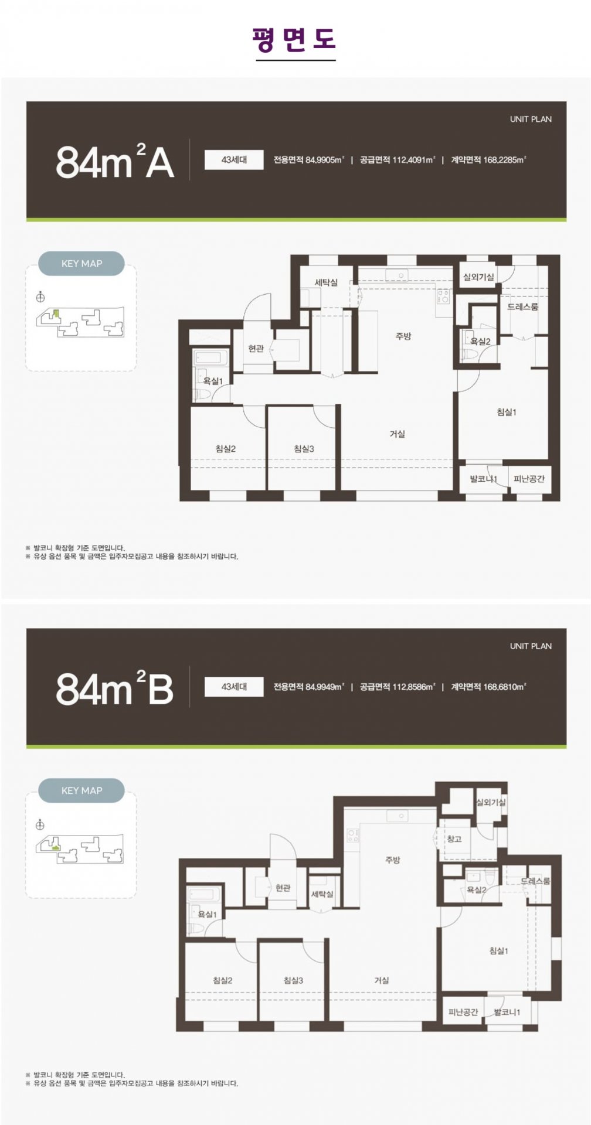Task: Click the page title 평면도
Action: (295, 39)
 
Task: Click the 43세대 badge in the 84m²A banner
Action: (234, 159)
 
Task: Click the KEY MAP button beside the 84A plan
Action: (81, 264)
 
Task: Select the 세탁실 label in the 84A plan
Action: (326, 282)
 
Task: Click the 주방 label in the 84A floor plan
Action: (403, 336)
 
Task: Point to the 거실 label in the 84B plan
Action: (382, 980)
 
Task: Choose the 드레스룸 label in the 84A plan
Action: (523, 306)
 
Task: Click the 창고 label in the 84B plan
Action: (454, 839)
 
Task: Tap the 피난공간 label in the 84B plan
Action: (463, 1012)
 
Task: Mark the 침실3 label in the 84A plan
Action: (304, 449)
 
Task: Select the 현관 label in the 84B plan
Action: (283, 888)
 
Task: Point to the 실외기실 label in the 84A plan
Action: (479, 277)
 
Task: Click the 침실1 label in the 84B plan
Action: (499, 951)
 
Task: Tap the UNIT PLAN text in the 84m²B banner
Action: (531, 646)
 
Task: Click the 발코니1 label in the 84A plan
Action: (483, 479)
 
